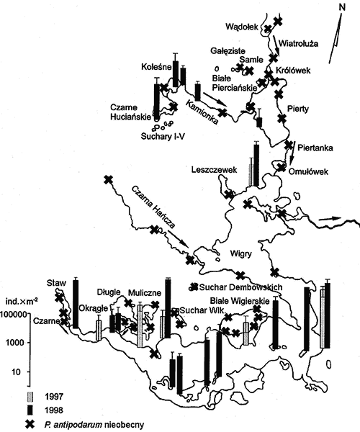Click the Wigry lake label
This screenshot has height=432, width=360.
241,253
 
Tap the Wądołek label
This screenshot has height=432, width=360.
242,27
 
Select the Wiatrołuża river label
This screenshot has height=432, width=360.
298,43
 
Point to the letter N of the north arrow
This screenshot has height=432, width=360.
342,7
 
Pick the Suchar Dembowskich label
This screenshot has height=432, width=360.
240,287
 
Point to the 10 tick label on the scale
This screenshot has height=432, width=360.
16,372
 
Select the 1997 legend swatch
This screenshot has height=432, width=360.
30,397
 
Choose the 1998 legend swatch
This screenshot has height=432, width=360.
30,410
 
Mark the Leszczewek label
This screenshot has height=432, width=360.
214,169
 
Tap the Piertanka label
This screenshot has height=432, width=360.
315,148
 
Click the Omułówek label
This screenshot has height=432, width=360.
308,171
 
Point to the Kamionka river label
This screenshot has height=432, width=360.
202,112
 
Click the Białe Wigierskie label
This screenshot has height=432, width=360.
240,300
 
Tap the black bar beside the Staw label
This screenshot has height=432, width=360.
76,304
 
